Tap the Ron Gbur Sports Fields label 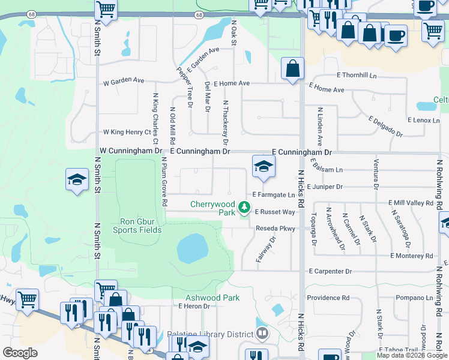[x=137, y=224]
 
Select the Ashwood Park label [x=212, y=298]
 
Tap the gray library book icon [x=261, y=332]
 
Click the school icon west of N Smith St [x=77, y=179]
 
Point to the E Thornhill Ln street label [x=357, y=75]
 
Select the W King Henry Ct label [x=127, y=132]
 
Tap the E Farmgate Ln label [x=274, y=195]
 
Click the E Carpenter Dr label [x=330, y=272]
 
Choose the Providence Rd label [x=328, y=298]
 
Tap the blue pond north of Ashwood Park [x=193, y=248]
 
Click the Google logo [x=20, y=352]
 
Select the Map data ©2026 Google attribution [x=411, y=356]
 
